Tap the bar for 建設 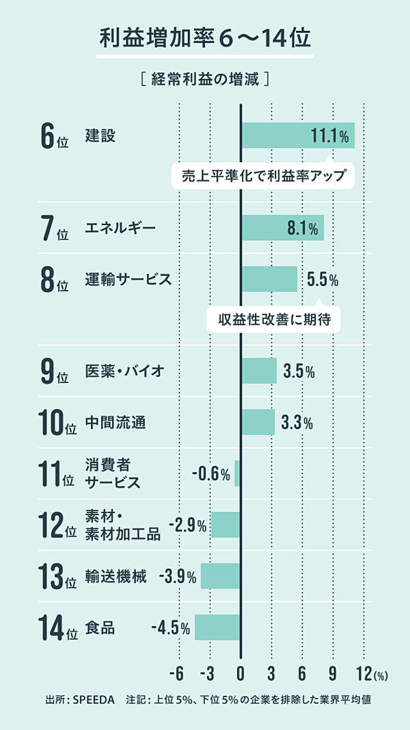(297, 135)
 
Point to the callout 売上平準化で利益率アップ (263, 176)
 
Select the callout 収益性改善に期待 (273, 319)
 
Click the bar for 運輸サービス (269, 279)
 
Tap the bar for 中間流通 (258, 422)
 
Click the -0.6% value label (210, 473)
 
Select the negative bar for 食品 (217, 627)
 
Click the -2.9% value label (187, 525)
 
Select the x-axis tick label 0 (241, 673)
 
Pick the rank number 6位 (54, 135)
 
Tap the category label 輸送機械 (115, 577)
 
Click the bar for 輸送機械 (220, 576)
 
